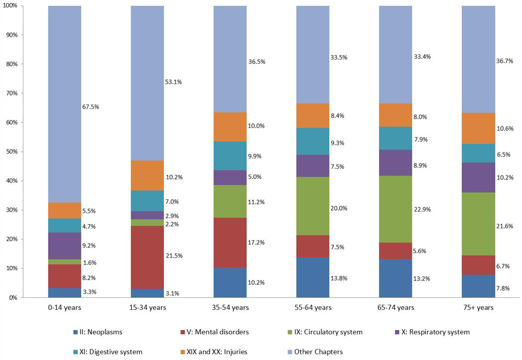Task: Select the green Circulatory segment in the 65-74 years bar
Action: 396,209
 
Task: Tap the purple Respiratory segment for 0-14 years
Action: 64,246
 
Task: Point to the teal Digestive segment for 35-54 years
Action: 230,156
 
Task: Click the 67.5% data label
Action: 91,107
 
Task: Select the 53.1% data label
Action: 174,82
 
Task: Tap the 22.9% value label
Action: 423,209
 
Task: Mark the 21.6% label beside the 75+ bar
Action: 506,226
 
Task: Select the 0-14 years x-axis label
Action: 64,308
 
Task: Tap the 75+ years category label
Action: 478,308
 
